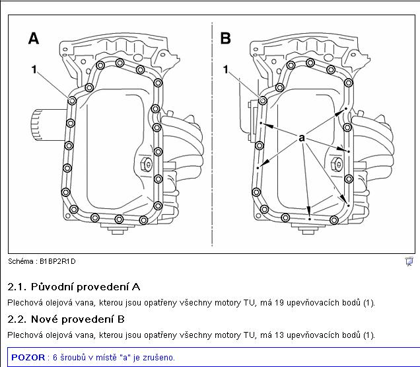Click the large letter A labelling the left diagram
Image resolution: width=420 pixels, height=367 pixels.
tap(34, 38)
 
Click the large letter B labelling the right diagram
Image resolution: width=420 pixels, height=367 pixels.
tap(226, 38)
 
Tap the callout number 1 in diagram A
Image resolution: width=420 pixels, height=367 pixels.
tap(34, 69)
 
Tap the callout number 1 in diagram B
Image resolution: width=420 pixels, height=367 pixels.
tap(226, 69)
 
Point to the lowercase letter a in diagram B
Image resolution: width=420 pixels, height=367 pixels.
tap(302, 138)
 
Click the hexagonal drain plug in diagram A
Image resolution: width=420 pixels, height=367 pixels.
tap(146, 163)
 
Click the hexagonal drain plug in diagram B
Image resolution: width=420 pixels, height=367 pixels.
tap(336, 163)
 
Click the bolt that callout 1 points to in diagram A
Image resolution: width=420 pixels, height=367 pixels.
tap(72, 101)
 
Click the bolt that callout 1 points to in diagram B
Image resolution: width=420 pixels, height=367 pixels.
tap(263, 101)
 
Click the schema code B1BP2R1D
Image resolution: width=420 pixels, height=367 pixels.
tap(57, 261)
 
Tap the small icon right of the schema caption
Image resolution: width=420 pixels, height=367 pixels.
tap(409, 261)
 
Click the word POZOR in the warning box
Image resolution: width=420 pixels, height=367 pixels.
tap(28, 357)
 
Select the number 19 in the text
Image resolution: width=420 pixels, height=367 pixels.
tap(279, 303)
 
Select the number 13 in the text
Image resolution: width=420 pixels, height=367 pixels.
tap(279, 335)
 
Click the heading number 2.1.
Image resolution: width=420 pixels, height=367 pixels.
tap(17, 287)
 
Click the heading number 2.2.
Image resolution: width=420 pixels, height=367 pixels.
tap(17, 319)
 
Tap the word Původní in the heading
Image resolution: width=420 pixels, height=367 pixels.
tap(52, 287)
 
